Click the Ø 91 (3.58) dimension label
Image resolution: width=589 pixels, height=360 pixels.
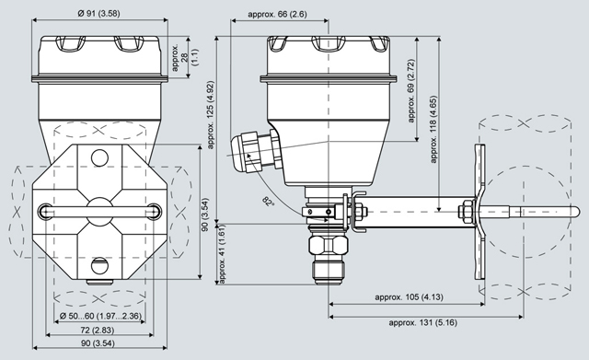tap(98, 13)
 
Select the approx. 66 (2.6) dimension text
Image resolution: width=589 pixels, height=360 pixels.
tap(277, 15)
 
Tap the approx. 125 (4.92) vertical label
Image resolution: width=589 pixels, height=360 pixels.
tap(211, 114)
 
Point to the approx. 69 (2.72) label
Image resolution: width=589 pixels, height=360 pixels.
tap(411, 90)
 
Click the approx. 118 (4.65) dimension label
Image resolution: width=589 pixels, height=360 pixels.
tap(433, 129)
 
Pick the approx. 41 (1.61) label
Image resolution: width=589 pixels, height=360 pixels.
tap(222, 254)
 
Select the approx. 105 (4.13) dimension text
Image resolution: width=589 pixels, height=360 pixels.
tap(409, 297)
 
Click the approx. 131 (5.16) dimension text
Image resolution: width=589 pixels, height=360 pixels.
tap(423, 323)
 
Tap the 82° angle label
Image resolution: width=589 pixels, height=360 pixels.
tap(268, 201)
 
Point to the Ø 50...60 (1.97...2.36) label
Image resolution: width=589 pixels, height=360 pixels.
tap(100, 316)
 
